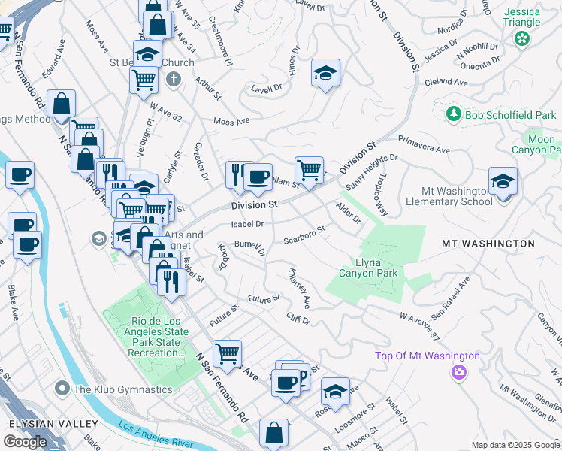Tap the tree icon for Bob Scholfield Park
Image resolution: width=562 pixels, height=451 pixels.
coord(453,114)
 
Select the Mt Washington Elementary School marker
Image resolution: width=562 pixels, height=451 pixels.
coord(503,181)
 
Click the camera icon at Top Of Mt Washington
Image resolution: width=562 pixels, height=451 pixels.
coord(458,372)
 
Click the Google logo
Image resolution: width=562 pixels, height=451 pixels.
coord(25,442)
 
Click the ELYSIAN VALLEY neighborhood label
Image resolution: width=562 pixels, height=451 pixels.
coord(43,423)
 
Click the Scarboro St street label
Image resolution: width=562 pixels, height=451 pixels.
coord(304,235)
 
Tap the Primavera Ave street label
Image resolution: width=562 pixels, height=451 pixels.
coord(423,141)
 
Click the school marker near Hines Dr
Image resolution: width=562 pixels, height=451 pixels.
coord(325,74)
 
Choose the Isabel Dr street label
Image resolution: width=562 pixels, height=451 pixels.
coord(247,224)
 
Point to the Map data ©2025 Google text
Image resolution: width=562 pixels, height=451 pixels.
coord(516,445)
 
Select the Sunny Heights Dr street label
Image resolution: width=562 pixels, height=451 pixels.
coord(371,171)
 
